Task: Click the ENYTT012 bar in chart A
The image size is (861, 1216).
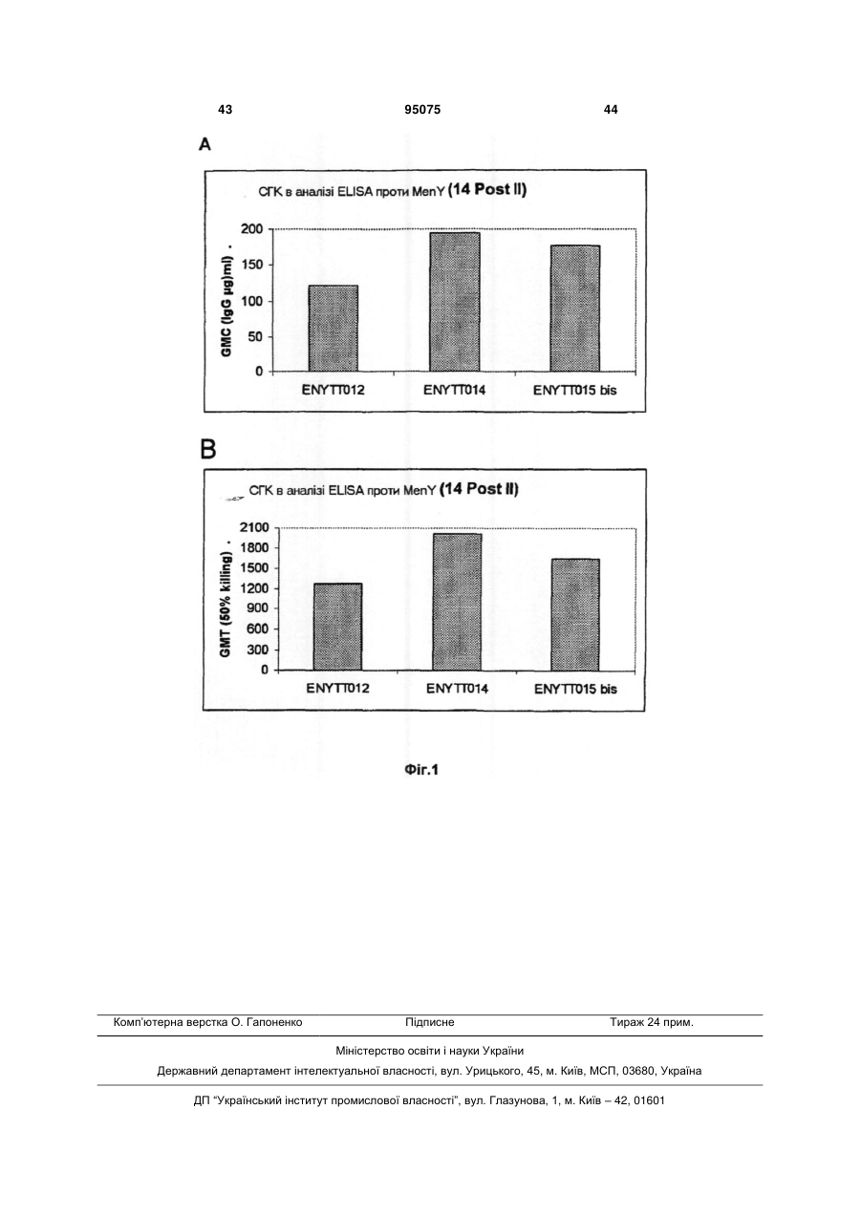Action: [x=333, y=329]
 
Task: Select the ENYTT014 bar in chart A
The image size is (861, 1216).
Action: [x=455, y=302]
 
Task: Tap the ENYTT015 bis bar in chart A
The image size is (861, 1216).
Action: [x=574, y=309]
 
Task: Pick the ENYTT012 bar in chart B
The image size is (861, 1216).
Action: [x=338, y=627]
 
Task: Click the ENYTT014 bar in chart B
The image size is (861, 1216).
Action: [x=457, y=602]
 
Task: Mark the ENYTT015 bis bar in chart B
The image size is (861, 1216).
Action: [x=575, y=615]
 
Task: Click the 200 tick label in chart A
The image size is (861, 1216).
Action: [x=252, y=229]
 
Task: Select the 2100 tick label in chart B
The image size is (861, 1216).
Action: [x=254, y=527]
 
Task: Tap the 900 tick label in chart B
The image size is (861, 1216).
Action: [x=258, y=608]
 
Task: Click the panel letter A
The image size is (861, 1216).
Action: [x=204, y=144]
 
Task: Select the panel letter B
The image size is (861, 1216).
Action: [x=208, y=450]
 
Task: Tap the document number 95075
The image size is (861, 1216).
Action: [x=422, y=110]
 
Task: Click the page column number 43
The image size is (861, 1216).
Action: [x=225, y=110]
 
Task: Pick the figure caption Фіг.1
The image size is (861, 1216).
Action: [x=421, y=770]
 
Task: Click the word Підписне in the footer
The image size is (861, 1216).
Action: [x=430, y=1022]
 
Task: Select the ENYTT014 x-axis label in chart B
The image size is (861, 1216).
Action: [x=458, y=689]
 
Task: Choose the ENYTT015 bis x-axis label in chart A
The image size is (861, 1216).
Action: [x=574, y=391]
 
